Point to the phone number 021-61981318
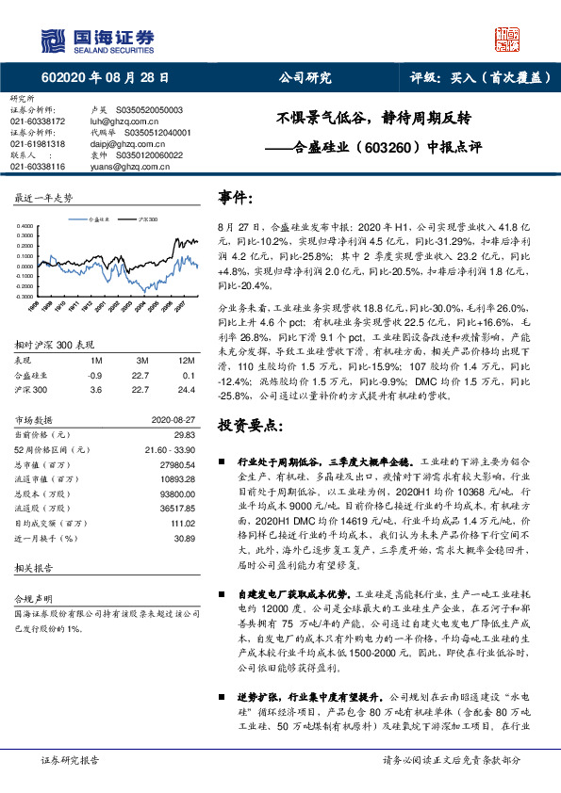coord(39,144)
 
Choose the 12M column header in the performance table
coord(189,360)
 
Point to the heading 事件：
coord(236,198)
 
